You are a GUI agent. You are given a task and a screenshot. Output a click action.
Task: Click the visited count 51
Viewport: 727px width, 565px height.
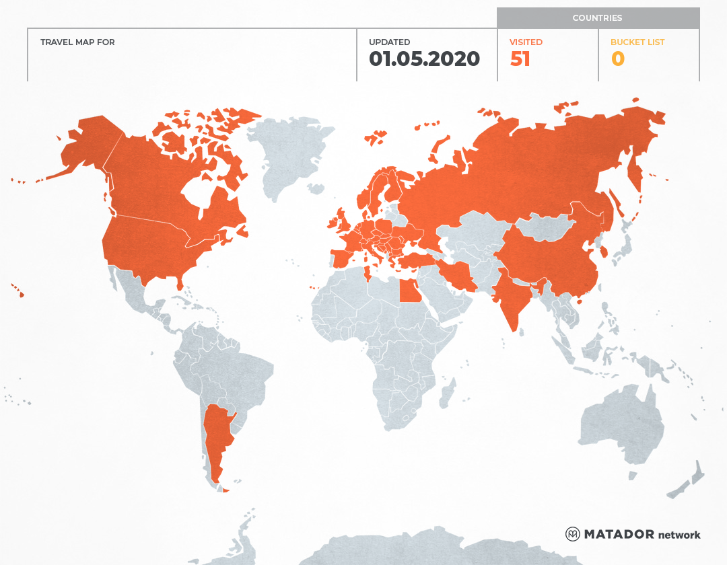(520, 59)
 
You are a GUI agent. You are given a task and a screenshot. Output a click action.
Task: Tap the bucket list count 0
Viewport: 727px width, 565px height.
(617, 59)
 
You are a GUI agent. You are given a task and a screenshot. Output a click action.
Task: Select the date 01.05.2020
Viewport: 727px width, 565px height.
(424, 59)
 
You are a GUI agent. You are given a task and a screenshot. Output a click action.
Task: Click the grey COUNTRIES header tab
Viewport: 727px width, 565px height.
(597, 18)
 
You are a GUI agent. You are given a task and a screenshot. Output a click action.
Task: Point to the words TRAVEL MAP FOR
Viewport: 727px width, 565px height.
(77, 42)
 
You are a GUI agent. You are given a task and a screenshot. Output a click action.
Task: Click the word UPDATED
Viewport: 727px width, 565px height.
(389, 42)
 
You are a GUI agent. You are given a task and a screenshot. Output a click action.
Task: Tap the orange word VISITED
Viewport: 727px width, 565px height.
(526, 42)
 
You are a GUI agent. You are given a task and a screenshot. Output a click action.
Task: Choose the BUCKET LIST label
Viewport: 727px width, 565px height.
(637, 42)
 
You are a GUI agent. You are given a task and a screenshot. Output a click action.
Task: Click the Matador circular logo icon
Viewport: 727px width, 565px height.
(573, 534)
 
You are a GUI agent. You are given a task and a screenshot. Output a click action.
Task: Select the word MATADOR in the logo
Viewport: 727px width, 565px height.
(619, 534)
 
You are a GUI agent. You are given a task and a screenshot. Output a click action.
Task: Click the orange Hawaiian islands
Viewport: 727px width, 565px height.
(20, 293)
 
